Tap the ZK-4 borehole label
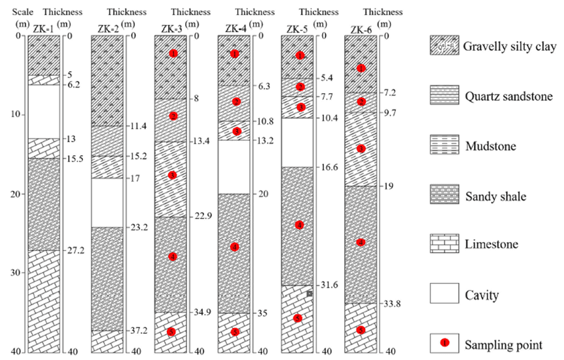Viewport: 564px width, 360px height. [x=235, y=29]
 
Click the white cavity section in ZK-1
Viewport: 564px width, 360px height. [x=43, y=112]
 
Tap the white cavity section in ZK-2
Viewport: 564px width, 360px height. [x=106, y=202]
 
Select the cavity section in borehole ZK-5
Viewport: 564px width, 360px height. [x=298, y=142]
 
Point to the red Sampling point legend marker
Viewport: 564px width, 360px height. [x=443, y=342]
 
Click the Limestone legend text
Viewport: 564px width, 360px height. [x=491, y=245]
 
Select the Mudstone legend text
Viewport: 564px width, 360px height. [x=490, y=145]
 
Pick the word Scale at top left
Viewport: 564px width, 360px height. [x=13, y=12]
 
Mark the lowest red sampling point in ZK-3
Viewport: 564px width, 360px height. [x=171, y=332]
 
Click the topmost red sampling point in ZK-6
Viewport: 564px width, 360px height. [x=361, y=68]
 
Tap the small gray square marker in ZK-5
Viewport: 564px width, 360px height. [x=309, y=294]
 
